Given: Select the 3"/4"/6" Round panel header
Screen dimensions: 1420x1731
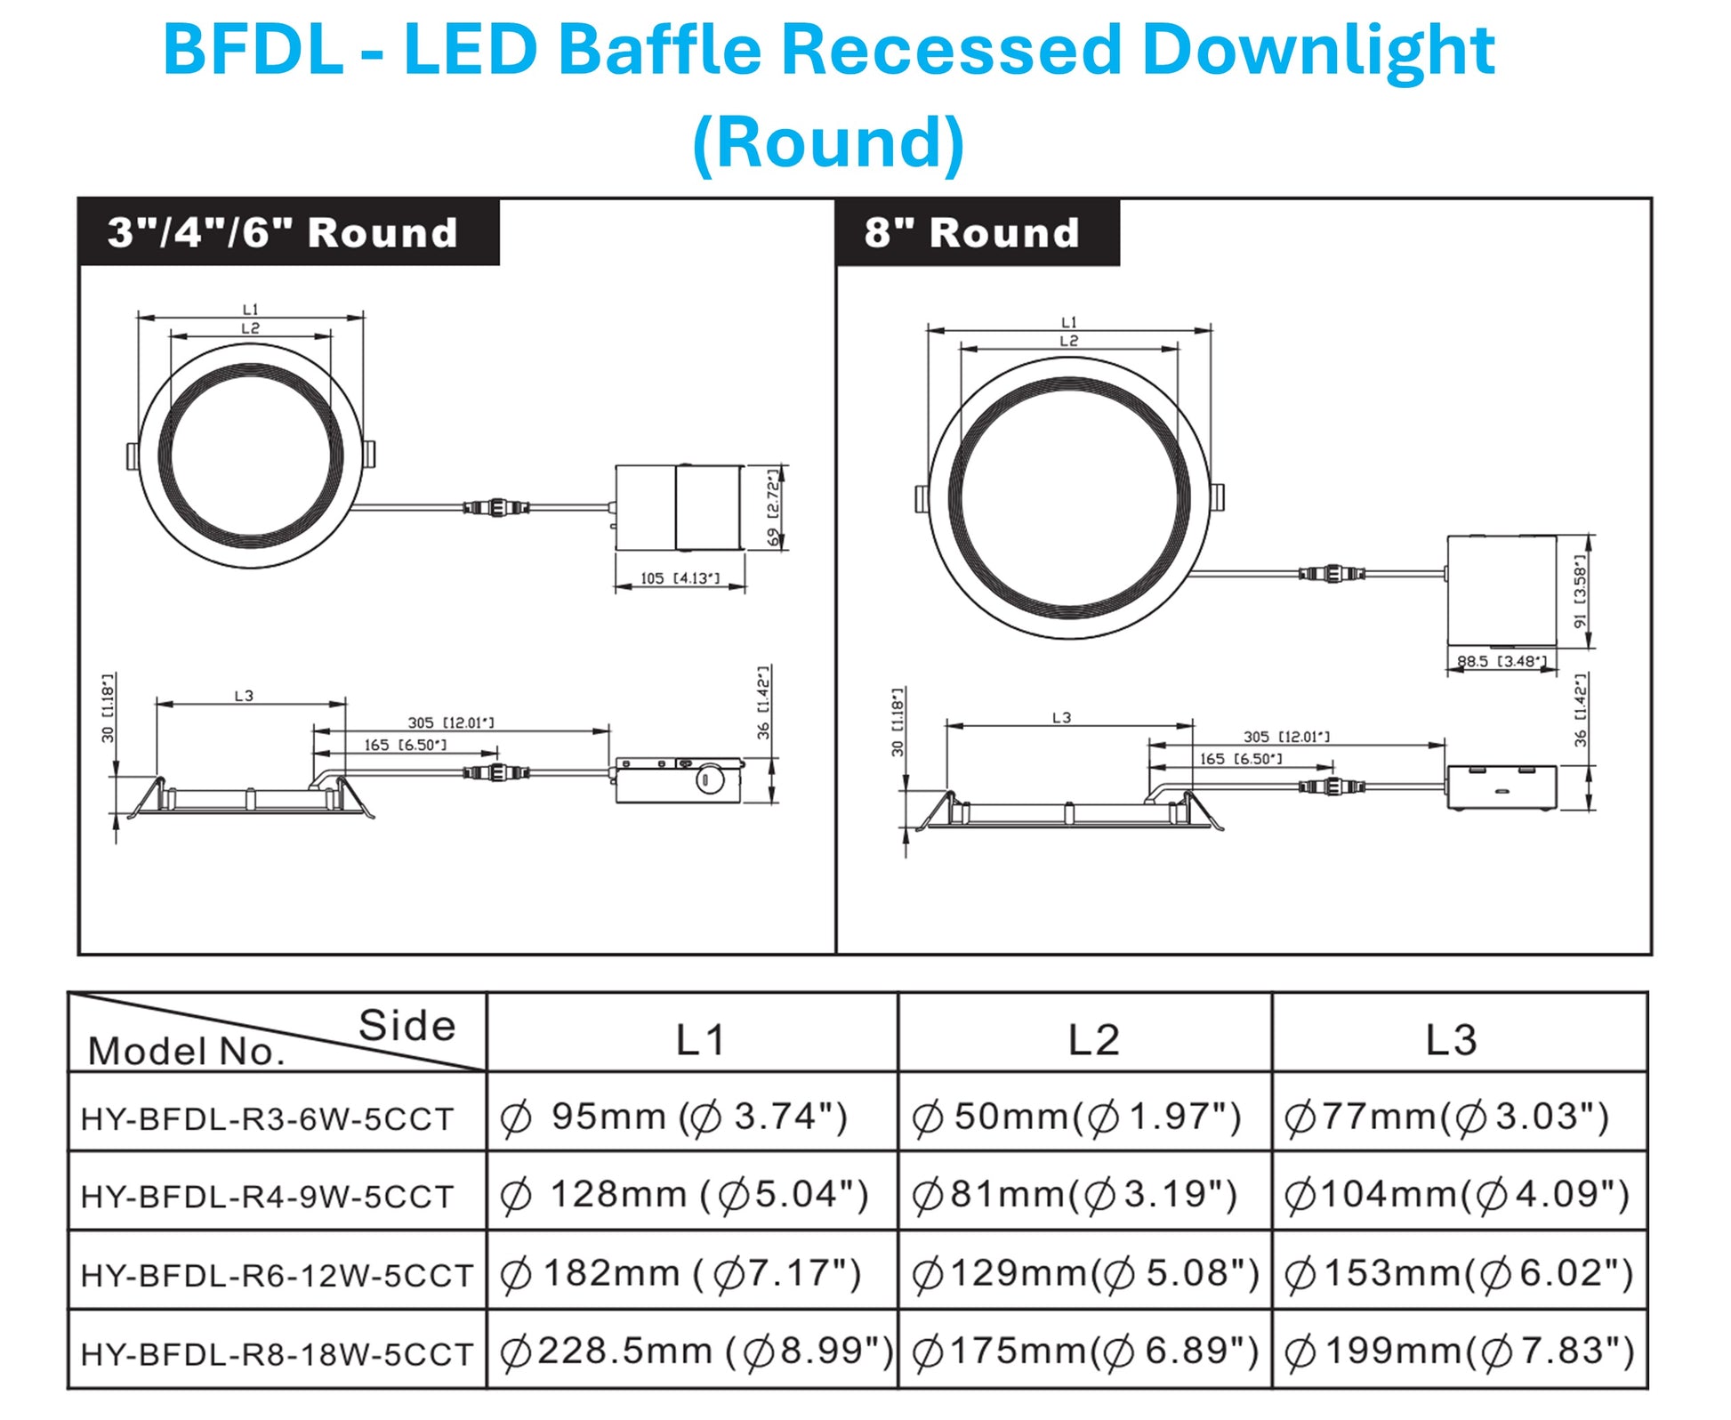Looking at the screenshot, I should pyautogui.click(x=283, y=233).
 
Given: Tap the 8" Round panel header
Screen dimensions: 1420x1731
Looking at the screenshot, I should pyautogui.click(x=971, y=233).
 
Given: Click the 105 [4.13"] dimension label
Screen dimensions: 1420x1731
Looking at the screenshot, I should pyautogui.click(x=680, y=578).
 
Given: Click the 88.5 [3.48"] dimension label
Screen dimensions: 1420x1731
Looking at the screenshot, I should pyautogui.click(x=1502, y=661).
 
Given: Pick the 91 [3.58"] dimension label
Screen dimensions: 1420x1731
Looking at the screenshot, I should pyautogui.click(x=1580, y=591).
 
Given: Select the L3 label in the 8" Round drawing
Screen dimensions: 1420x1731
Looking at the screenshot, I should pyautogui.click(x=1061, y=717).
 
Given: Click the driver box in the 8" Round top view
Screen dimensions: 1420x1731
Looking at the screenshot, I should pyautogui.click(x=1501, y=590).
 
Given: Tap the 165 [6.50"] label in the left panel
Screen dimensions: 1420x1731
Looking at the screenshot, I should pyautogui.click(x=405, y=745).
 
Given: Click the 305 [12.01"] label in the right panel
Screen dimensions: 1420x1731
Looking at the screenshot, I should pyautogui.click(x=1286, y=737).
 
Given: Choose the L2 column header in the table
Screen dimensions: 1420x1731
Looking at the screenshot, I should pyautogui.click(x=1092, y=1039).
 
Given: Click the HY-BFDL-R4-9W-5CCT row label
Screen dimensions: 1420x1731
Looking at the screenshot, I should pyautogui.click(x=267, y=1197).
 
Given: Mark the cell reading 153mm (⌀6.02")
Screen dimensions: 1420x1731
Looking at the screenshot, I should pyautogui.click(x=1459, y=1273).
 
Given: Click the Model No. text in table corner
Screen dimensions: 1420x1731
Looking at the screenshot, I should pyautogui.click(x=186, y=1052).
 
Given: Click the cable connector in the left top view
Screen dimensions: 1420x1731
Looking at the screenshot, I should pyautogui.click(x=496, y=508).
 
